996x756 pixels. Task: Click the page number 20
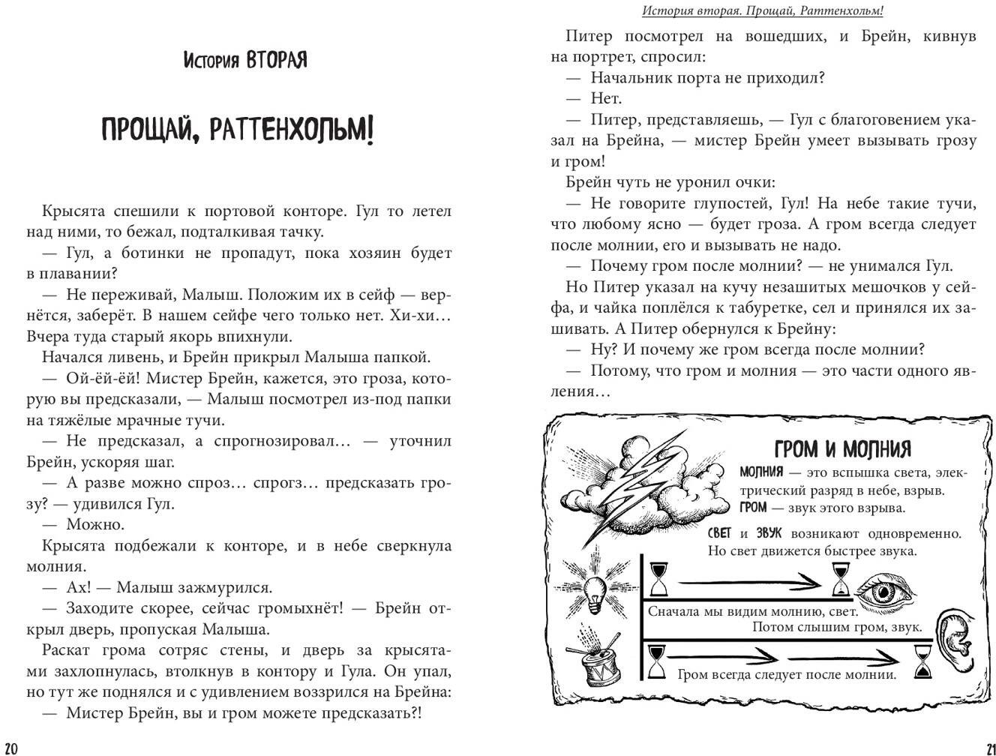pos(11,747)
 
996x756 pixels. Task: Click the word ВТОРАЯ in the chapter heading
pos(276,60)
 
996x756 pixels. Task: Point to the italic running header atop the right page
pos(762,11)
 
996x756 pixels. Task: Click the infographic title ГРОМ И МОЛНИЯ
pos(841,448)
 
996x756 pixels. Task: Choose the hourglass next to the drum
pos(658,661)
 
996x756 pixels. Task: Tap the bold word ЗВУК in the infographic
pos(768,533)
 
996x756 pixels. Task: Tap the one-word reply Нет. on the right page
pos(606,98)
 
